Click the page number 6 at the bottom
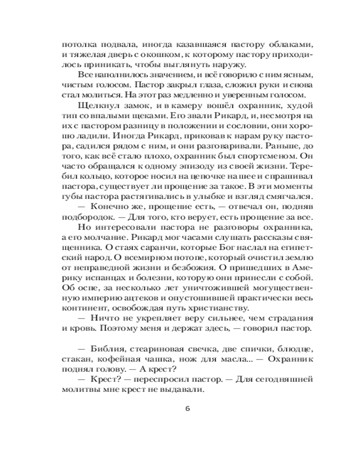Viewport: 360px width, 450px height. [x=188, y=409]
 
